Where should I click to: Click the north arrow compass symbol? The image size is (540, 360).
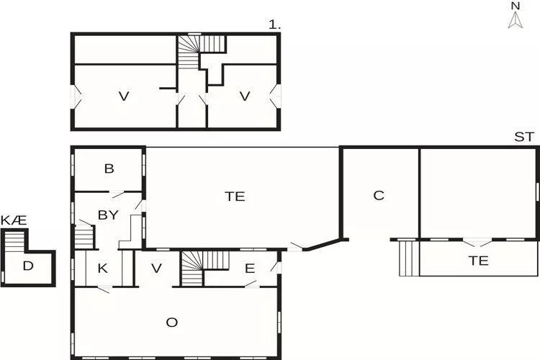pyautogui.click(x=515, y=21)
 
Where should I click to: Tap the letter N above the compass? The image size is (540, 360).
pyautogui.click(x=515, y=6)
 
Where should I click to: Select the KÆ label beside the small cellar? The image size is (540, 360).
pyautogui.click(x=14, y=220)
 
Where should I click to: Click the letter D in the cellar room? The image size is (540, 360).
pyautogui.click(x=27, y=266)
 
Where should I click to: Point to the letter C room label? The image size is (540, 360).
pyautogui.click(x=379, y=195)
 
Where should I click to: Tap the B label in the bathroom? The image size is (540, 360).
pyautogui.click(x=109, y=169)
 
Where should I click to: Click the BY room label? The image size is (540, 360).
pyautogui.click(x=108, y=215)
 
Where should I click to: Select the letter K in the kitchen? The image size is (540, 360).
pyautogui.click(x=103, y=269)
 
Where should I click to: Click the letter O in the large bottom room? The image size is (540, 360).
pyautogui.click(x=171, y=322)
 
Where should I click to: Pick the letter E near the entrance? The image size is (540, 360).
pyautogui.click(x=249, y=269)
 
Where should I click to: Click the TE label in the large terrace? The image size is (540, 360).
pyautogui.click(x=235, y=196)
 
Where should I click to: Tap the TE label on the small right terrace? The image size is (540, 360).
pyautogui.click(x=478, y=261)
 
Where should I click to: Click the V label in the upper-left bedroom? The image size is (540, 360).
pyautogui.click(x=123, y=96)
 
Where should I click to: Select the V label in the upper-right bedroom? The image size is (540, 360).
pyautogui.click(x=244, y=96)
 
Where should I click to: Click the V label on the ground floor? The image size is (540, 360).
pyautogui.click(x=157, y=269)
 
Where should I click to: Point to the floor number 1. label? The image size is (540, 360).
pyautogui.click(x=274, y=25)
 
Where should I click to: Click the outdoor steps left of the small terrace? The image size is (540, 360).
pyautogui.click(x=408, y=257)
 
